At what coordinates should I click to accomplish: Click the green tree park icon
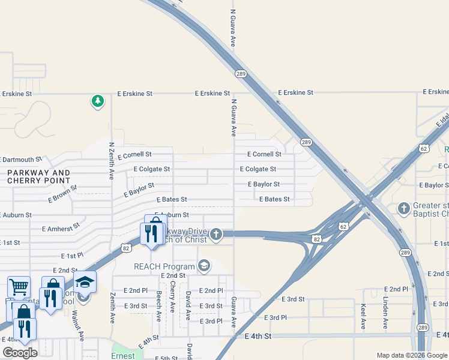pos(97,101)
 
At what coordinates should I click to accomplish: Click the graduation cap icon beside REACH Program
pos(204,266)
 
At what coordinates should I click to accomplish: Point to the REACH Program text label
pos(164,266)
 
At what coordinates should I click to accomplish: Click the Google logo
pos(20,353)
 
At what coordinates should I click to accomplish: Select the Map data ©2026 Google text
pos(411,355)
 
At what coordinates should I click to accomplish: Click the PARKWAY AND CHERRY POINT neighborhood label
pos(38,176)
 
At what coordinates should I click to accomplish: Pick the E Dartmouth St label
pos(22,160)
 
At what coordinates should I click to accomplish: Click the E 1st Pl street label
pos(71,256)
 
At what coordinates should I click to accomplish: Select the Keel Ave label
pos(364,316)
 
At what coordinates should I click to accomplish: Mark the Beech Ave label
pos(158,307)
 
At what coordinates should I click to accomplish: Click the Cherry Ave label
pos(173,297)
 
